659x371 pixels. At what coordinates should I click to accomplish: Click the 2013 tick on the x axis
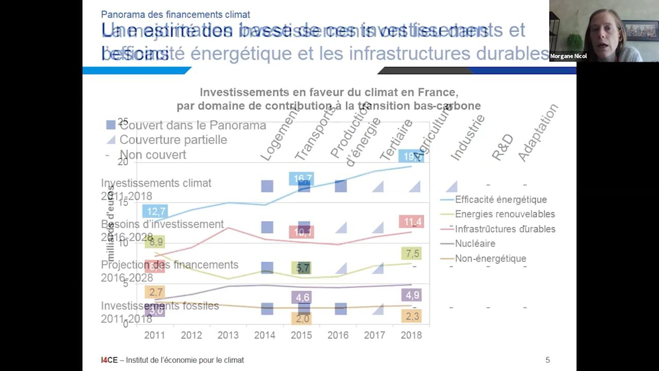(228, 335)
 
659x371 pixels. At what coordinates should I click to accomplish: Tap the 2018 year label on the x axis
(411, 335)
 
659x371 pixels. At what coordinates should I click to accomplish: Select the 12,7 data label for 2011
(156, 211)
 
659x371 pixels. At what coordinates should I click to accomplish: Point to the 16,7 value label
(302, 179)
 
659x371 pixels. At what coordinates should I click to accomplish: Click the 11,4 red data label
(412, 222)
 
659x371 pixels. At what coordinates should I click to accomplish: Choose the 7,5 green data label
(412, 254)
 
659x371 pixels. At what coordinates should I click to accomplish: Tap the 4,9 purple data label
(412, 295)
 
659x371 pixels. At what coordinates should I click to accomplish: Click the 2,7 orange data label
(155, 292)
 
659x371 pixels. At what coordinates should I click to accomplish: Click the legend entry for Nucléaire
(475, 243)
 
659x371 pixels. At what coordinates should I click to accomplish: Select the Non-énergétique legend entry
(490, 258)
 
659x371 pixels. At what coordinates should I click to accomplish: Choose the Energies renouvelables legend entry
(505, 214)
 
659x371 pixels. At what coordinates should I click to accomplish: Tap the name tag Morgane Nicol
(568, 56)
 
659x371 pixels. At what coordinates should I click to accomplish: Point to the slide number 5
(547, 360)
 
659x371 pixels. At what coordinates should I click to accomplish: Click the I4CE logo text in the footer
(108, 360)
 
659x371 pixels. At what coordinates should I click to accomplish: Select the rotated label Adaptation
(537, 133)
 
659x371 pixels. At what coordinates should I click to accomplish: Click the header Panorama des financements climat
(176, 14)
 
